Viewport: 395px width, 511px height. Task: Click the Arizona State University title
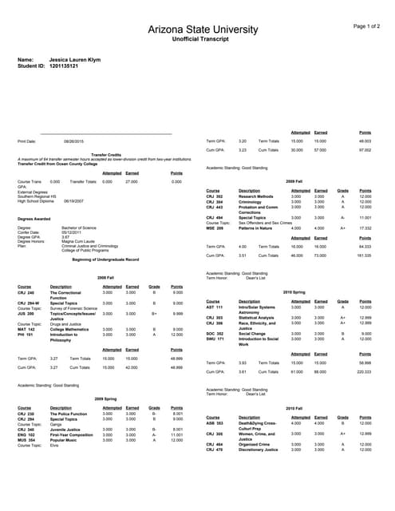tap(197, 30)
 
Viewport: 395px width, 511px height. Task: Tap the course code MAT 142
tap(26, 328)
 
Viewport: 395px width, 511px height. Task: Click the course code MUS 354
tap(26, 440)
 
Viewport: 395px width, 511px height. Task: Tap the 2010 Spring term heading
tap(294, 292)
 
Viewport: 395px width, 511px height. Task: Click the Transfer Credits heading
tap(106, 155)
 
